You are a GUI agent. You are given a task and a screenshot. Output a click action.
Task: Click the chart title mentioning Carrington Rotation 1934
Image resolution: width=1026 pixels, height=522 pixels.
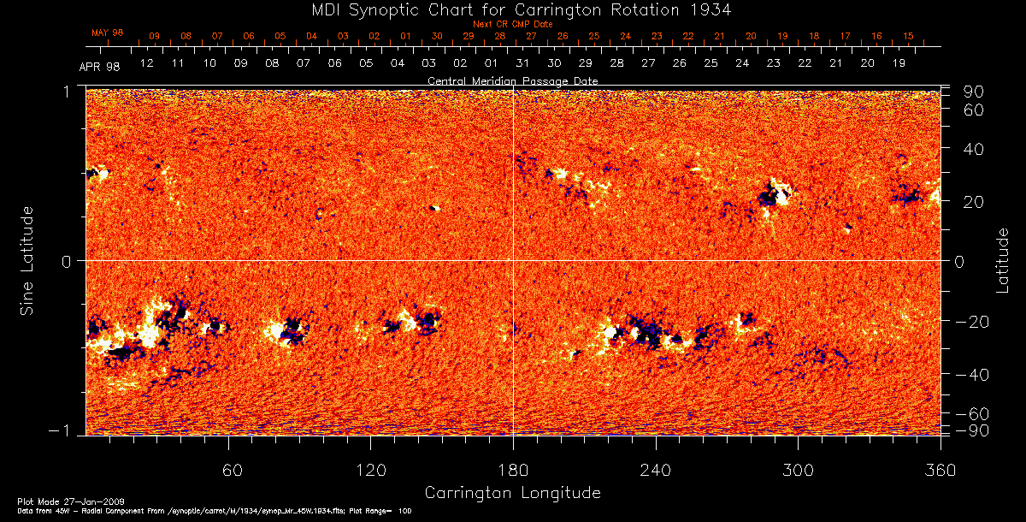[x=513, y=10]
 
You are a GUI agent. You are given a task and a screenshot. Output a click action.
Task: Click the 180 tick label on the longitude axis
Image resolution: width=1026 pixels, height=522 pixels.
[x=513, y=471]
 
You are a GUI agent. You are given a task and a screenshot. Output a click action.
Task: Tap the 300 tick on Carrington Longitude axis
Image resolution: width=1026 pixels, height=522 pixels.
[x=798, y=471]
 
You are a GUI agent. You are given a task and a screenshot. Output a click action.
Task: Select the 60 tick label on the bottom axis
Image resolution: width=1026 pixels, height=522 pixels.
[x=229, y=471]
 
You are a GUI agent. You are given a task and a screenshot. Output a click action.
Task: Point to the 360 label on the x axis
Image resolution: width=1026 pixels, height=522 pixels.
[x=940, y=471]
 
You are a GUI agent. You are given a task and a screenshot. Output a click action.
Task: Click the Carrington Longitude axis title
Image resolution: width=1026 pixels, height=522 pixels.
[x=513, y=493]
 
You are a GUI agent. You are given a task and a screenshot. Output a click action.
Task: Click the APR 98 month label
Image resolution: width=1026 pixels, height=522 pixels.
[x=99, y=68]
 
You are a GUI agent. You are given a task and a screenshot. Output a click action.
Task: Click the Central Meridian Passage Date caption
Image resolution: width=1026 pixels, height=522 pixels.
[x=513, y=80]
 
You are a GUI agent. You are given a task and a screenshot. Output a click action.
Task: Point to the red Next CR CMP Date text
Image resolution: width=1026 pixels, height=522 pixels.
[x=513, y=25]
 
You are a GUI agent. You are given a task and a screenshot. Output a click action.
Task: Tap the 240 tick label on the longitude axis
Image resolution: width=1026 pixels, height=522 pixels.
[x=656, y=471]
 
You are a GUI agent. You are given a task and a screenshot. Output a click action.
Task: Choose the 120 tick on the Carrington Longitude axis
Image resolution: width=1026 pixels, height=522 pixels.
[x=371, y=471]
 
